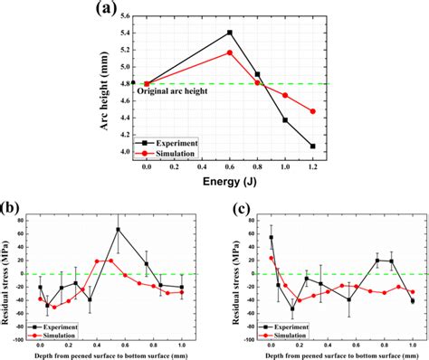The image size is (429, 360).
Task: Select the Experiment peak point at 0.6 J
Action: [229, 33]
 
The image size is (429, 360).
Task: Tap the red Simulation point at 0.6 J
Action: [229, 52]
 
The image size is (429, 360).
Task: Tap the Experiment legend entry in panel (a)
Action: [176, 142]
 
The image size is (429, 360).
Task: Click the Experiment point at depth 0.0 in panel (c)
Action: [271, 238]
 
